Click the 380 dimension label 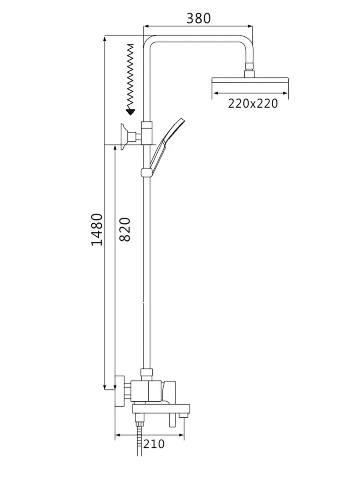(x=198, y=18)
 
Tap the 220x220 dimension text (x=253, y=104)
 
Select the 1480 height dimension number (x=97, y=230)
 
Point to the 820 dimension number (x=125, y=229)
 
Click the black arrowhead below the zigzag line (x=131, y=112)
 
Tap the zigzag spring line (x=130, y=76)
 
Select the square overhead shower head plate (x=250, y=80)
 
